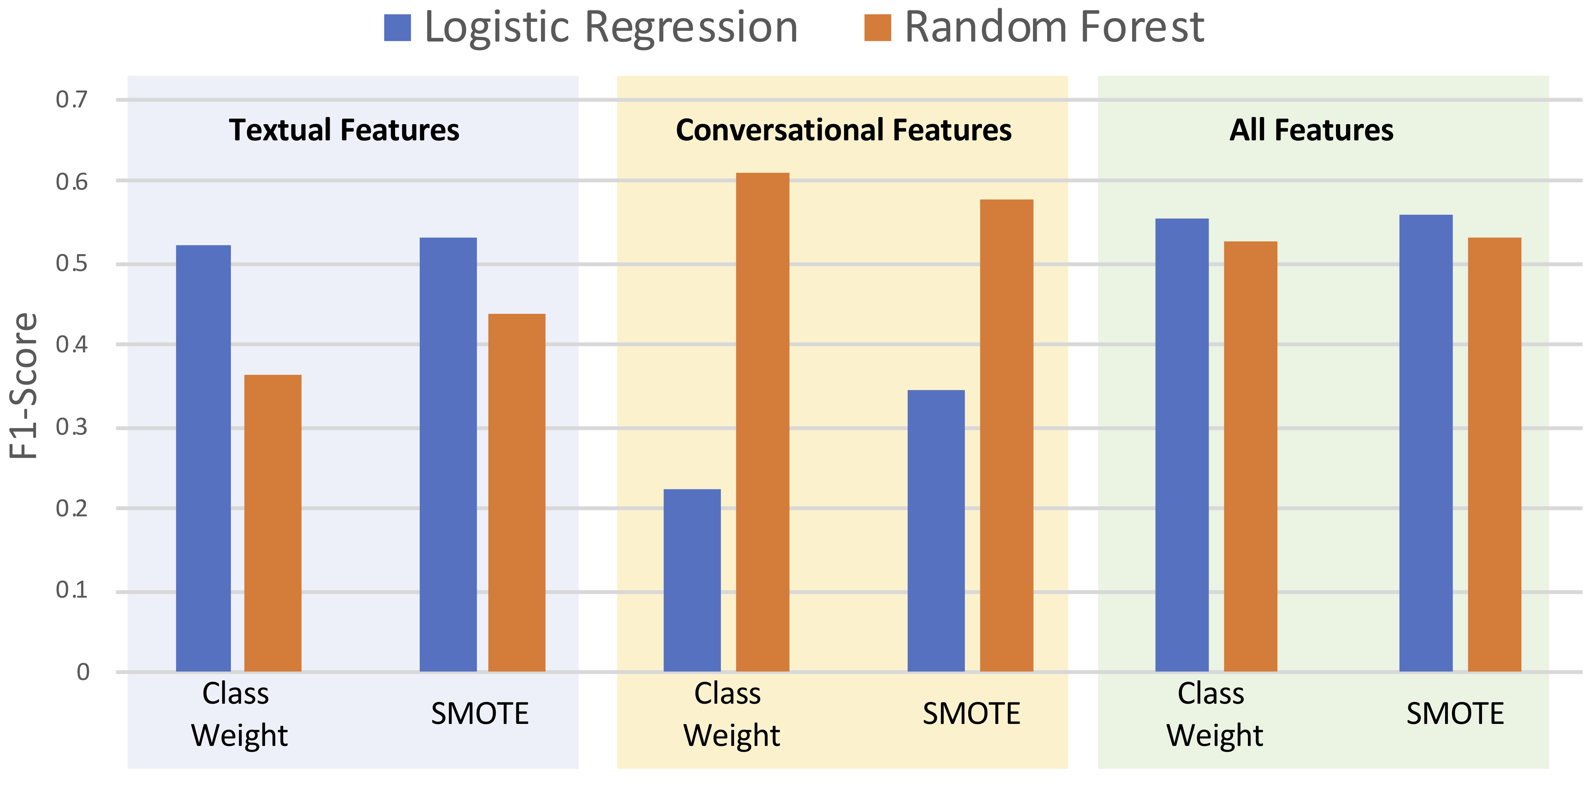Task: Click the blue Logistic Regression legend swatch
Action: [x=397, y=28]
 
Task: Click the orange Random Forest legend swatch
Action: [x=877, y=28]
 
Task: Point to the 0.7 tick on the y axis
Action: [x=72, y=99]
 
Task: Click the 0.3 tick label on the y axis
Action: [x=72, y=427]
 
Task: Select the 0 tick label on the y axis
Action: [x=83, y=671]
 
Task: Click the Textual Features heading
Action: [x=344, y=130]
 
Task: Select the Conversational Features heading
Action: [x=843, y=130]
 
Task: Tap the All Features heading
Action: [x=1311, y=130]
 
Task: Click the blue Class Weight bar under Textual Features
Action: [x=203, y=458]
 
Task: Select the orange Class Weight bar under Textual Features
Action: [x=273, y=523]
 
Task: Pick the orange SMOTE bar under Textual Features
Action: [x=517, y=493]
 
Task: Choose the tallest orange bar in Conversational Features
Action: [x=762, y=422]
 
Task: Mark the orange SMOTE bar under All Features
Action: [x=1495, y=454]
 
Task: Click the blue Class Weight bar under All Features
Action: [x=1182, y=445]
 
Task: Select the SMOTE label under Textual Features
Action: [x=480, y=714]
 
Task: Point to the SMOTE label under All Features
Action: [x=1455, y=714]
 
